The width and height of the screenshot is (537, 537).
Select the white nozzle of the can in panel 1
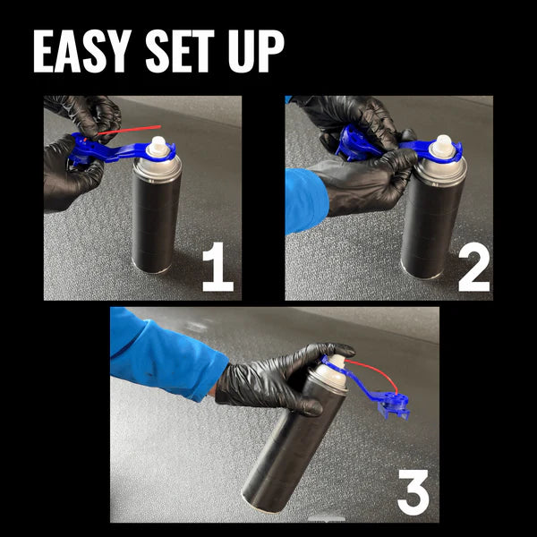pyautogui.click(x=158, y=147)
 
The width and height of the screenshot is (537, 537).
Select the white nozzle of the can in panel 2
pyautogui.click(x=442, y=146)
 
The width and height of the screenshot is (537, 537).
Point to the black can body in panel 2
pyautogui.click(x=431, y=224)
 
